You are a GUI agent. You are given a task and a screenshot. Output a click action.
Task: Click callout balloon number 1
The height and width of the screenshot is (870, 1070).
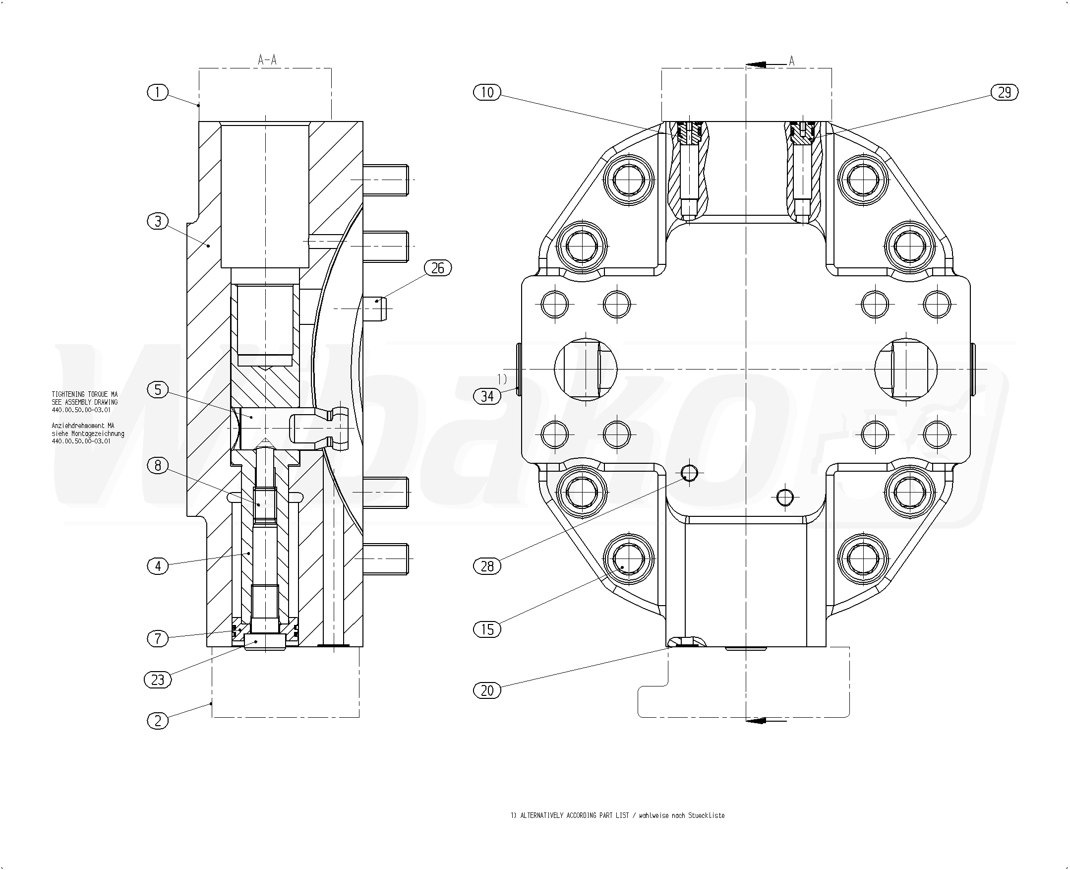(x=158, y=92)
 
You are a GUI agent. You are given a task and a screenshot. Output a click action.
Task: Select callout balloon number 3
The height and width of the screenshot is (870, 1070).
(x=158, y=221)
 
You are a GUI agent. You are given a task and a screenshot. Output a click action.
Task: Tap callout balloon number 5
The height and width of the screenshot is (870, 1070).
(x=158, y=389)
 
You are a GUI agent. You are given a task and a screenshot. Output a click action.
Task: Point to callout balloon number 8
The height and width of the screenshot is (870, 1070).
(x=158, y=466)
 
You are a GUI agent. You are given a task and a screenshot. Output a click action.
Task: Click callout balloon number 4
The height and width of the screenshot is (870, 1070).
(x=158, y=566)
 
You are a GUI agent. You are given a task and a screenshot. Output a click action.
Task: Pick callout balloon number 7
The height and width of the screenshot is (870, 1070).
(x=158, y=638)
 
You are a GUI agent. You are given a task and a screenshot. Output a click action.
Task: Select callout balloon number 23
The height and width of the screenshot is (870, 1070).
(x=158, y=680)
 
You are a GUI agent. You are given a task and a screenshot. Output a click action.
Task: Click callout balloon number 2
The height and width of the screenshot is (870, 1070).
(x=158, y=721)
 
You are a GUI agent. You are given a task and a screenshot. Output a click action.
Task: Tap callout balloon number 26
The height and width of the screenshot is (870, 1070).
(x=437, y=268)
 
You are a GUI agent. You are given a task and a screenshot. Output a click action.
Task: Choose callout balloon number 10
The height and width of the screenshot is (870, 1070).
(x=487, y=92)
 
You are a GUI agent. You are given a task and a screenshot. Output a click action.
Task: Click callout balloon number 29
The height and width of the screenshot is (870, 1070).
(x=1005, y=92)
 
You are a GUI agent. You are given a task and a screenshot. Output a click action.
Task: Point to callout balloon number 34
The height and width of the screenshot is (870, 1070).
(x=487, y=396)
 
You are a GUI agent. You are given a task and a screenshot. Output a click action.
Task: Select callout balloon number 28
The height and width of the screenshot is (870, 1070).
(x=487, y=566)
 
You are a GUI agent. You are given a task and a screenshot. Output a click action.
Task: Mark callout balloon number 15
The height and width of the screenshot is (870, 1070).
(x=487, y=629)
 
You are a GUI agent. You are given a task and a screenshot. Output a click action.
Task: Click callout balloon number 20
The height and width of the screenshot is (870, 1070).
(x=487, y=690)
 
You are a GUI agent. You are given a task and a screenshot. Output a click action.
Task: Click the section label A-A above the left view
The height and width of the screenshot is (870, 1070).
(x=267, y=60)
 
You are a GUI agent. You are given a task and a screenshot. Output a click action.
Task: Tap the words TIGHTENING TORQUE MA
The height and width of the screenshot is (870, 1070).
(x=85, y=394)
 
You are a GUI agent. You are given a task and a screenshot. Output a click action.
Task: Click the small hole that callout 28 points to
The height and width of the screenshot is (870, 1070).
(x=690, y=472)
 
